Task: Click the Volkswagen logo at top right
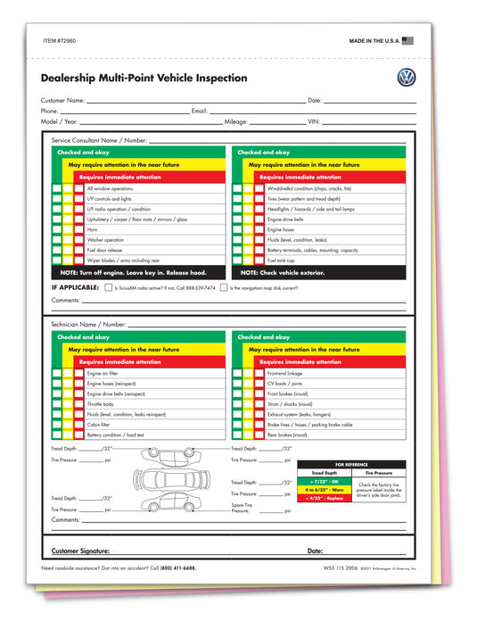pos(407,77)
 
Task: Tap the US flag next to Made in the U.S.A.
pos(408,41)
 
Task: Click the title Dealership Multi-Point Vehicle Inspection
pos(144,79)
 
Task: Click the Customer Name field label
pos(63,101)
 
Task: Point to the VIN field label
pos(313,120)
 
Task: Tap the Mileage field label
pos(235,120)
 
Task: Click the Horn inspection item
pos(92,229)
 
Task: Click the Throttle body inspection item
pos(101,404)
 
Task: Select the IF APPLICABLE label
pos(75,287)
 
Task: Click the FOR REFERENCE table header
pos(351,465)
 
